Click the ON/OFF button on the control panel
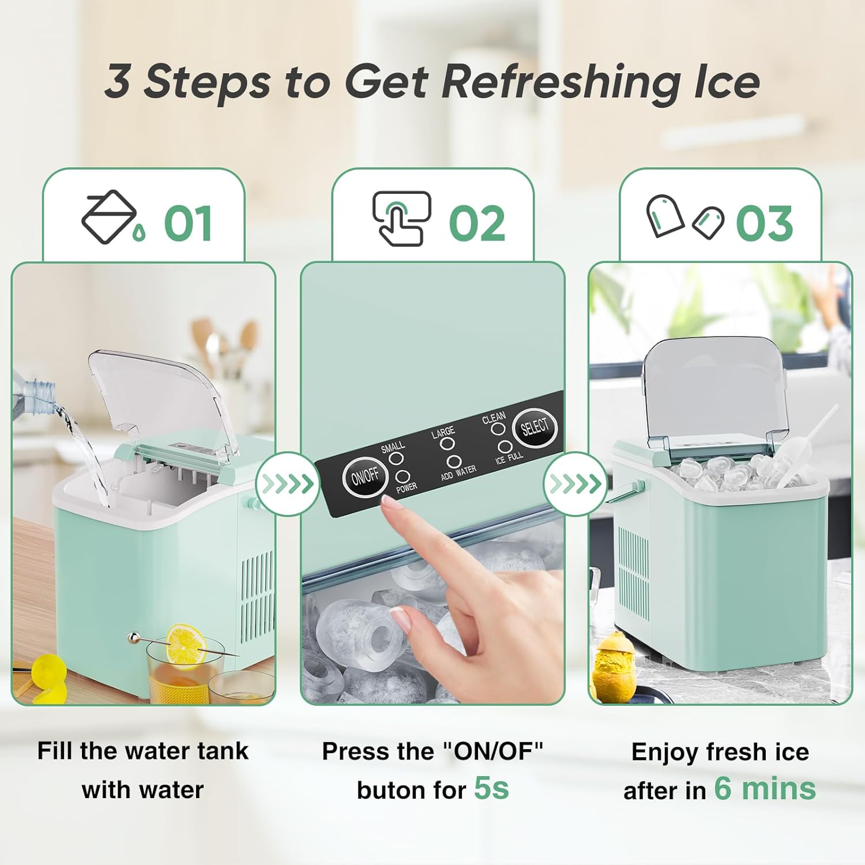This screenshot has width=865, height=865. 364,477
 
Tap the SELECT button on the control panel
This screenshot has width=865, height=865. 535,427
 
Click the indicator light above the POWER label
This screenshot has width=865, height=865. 403,476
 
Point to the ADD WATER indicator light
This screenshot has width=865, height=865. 454,461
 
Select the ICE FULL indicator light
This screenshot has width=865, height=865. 505,447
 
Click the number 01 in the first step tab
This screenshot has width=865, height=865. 188,224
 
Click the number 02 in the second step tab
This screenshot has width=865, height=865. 477,224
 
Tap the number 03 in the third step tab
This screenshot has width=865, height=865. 764,224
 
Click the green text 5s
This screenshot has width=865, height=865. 491,788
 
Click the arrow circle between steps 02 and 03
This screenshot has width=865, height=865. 575,484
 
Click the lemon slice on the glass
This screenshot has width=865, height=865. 186,644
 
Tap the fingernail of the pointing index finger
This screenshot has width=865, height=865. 392,505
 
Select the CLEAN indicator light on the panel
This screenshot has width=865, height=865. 498,428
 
